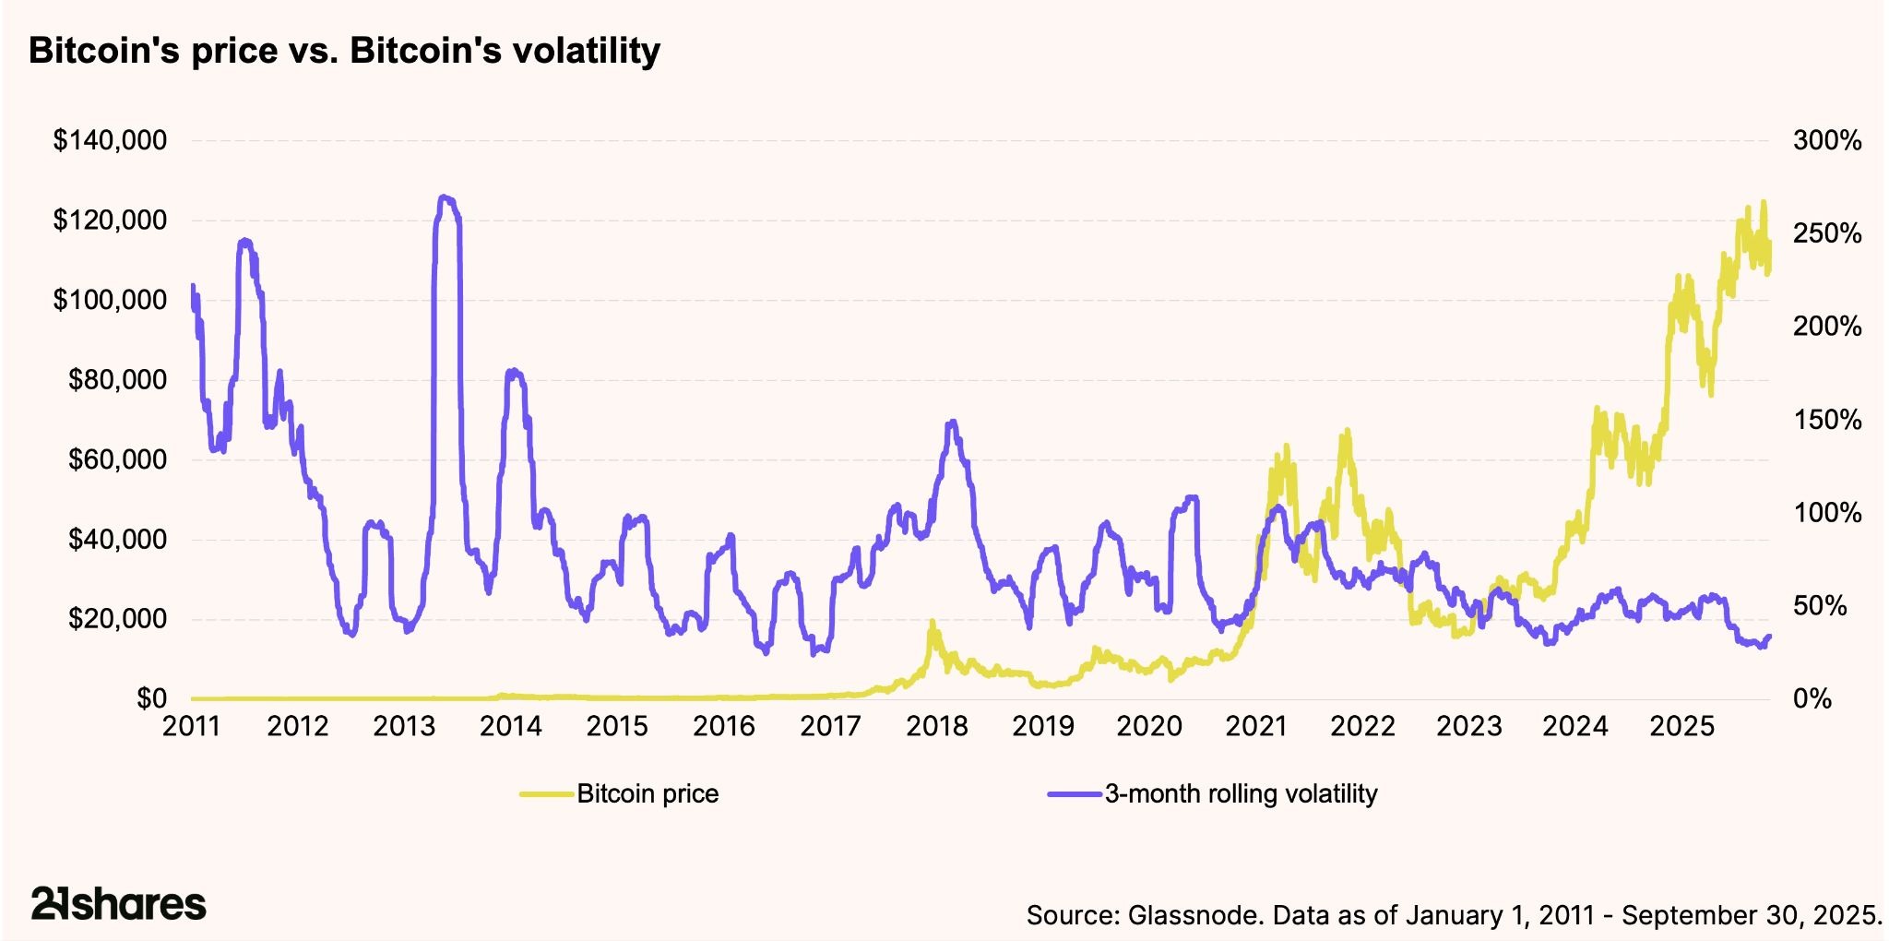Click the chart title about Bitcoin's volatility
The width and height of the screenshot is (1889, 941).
pos(344,51)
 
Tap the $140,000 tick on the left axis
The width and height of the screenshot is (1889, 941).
pos(111,141)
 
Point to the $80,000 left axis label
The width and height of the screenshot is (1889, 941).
pos(118,379)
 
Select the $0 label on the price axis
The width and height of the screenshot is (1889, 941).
pos(152,698)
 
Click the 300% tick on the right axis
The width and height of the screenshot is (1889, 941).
pos(1826,141)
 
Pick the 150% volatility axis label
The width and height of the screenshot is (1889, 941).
pos(1826,420)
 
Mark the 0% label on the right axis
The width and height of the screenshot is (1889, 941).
pos(1812,698)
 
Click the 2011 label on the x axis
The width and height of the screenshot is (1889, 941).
pos(192,727)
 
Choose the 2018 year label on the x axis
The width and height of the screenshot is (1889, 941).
pos(937,727)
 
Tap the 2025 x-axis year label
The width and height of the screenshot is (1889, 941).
pos(1681,727)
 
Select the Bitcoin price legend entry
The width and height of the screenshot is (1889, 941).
pos(647,794)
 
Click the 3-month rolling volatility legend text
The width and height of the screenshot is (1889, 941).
pos(1241,794)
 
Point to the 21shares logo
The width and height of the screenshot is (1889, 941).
pos(118,903)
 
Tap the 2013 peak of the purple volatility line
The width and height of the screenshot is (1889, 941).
pos(446,197)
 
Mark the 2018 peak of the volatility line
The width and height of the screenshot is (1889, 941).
pos(952,422)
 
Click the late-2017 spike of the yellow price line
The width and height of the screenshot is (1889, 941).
pos(933,624)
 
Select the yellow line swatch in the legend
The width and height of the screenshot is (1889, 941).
pos(547,794)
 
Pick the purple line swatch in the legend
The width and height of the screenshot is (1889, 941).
pos(1075,794)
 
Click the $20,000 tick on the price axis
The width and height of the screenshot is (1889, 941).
pos(118,619)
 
